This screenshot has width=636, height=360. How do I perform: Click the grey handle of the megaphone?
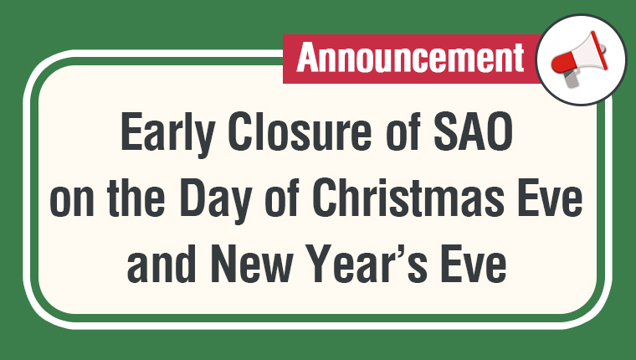570,79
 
